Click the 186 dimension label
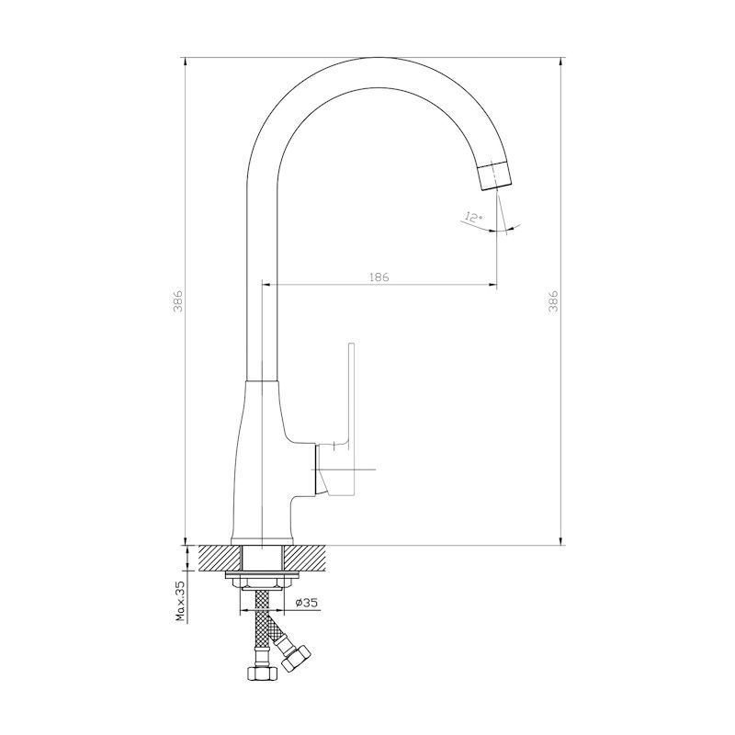379,277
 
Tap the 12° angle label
473,218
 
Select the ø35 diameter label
307,603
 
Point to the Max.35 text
180,601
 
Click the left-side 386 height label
178,301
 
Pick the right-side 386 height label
554,301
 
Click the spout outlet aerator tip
495,175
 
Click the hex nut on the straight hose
262,673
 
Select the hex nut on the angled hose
296,658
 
